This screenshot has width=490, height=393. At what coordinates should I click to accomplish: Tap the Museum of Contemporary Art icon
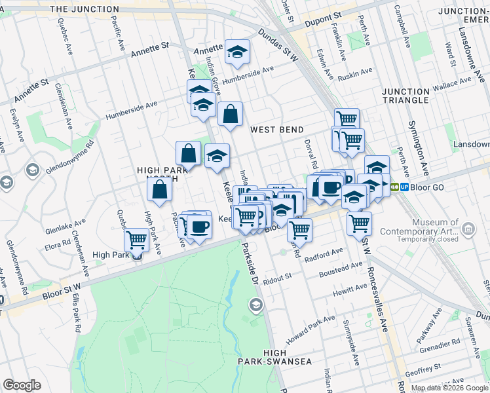click(x=468, y=229)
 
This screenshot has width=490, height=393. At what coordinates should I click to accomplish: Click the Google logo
click(x=22, y=385)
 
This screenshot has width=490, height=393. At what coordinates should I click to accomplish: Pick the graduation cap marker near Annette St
click(x=237, y=54)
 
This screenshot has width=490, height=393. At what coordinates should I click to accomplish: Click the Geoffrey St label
click(x=420, y=371)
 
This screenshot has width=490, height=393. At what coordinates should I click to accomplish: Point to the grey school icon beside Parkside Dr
click(x=256, y=305)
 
